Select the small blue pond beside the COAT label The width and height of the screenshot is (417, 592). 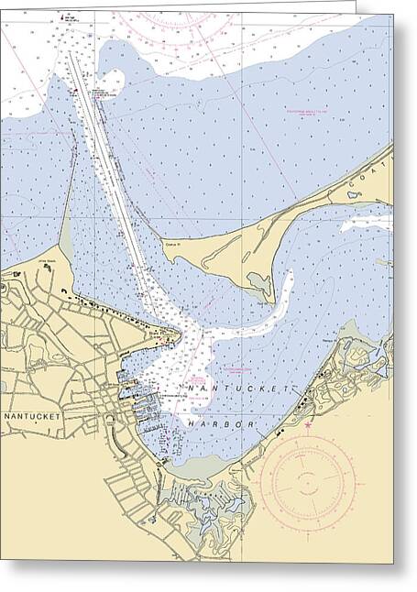(x=352, y=194)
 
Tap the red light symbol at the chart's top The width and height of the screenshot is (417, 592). (x=63, y=17)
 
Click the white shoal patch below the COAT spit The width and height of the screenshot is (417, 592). (x=367, y=222)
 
